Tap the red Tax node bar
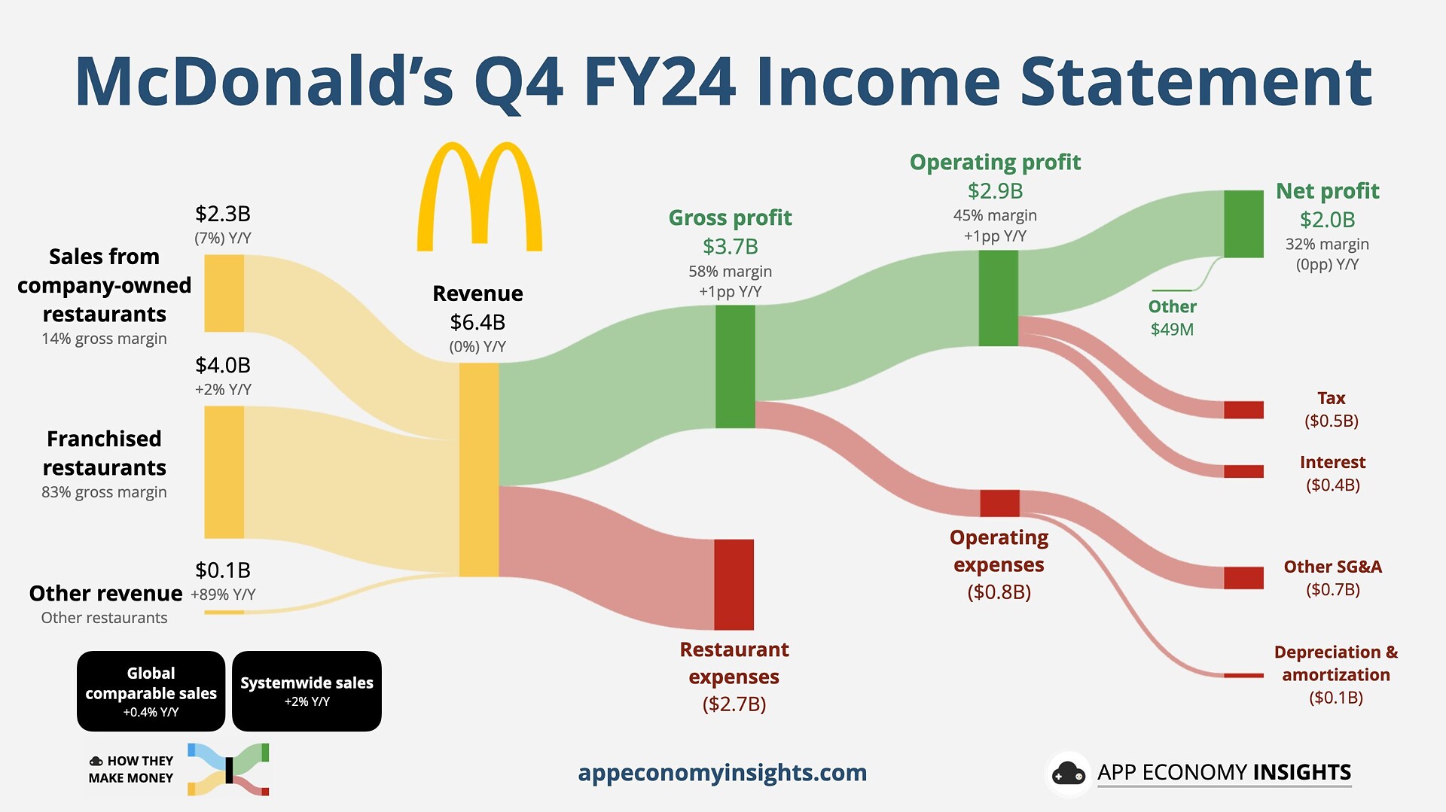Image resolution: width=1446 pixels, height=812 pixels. point(1243,409)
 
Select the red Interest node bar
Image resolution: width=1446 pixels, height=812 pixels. point(1243,471)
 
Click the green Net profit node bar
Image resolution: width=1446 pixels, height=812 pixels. point(1243,224)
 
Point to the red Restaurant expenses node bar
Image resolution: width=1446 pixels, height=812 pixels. point(734,584)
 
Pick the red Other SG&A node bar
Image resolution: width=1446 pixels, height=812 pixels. point(1243,577)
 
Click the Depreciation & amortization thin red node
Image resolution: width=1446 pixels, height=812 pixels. point(1243,675)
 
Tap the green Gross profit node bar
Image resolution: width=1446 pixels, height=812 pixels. point(735,366)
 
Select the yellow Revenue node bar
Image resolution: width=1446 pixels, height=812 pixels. point(479,470)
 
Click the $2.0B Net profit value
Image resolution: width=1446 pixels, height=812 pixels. point(1327,220)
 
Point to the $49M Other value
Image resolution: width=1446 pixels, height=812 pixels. point(1172,330)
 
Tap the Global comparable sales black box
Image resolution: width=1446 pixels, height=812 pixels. point(151,691)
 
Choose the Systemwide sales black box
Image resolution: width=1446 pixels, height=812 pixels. point(307,691)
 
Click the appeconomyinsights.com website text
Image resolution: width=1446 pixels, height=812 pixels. point(722,773)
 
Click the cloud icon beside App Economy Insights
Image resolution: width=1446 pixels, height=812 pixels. point(1068,774)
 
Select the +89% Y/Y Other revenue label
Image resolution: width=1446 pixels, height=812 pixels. point(223,595)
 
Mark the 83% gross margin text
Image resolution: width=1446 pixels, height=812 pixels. point(104,492)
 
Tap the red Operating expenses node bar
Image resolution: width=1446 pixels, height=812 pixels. point(999,503)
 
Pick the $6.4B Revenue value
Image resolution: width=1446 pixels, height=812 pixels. point(477,322)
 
